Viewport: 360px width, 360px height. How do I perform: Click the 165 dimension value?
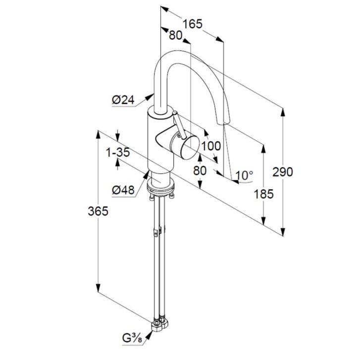(193, 24)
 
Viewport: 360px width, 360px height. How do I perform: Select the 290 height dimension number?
(283, 172)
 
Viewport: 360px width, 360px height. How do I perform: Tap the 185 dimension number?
(264, 194)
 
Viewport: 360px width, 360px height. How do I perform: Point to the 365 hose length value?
(98, 211)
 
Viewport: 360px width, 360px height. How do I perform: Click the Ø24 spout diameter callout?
(123, 100)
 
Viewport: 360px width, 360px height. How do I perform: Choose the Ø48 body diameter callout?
(123, 190)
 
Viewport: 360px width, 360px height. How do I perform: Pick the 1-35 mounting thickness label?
(118, 152)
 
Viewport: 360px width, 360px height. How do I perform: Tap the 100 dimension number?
(211, 146)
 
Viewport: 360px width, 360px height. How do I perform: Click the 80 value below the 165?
(176, 35)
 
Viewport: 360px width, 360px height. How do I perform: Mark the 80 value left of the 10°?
(200, 170)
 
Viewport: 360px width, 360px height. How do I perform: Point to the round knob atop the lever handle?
(175, 113)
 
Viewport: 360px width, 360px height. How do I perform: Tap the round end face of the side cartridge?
(190, 148)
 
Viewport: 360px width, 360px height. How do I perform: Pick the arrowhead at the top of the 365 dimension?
(98, 135)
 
